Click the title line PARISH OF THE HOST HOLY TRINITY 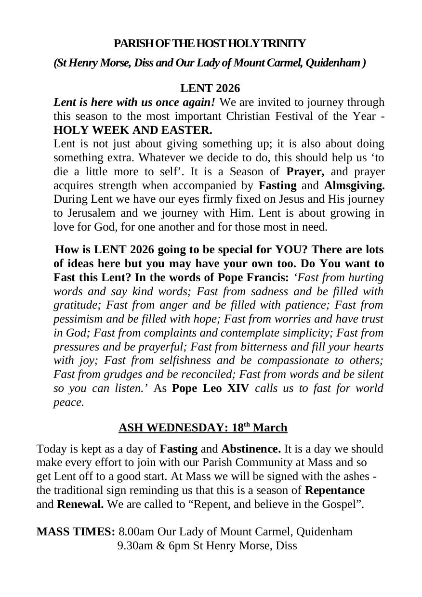pyautogui.click(x=210, y=44)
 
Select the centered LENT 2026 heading pyautogui.click(x=210, y=89)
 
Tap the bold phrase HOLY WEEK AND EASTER pyautogui.click(x=132, y=130)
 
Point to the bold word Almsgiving pyautogui.click(x=354, y=186)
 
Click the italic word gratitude pyautogui.click(x=77, y=305)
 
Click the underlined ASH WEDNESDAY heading pyautogui.click(x=203, y=428)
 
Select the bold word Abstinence pyautogui.click(x=251, y=449)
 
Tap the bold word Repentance pyautogui.click(x=335, y=491)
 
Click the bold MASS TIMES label pyautogui.click(x=76, y=532)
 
